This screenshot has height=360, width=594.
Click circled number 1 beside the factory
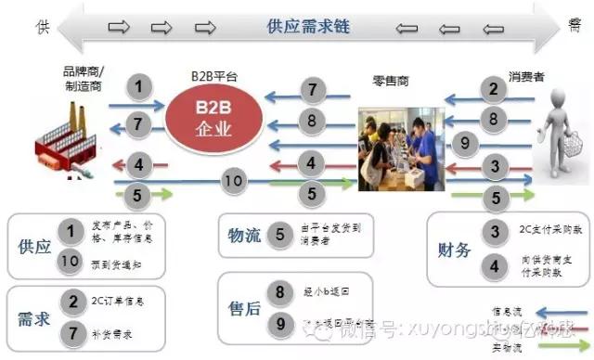[x=138, y=89]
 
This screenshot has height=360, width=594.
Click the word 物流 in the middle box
[x=244, y=235]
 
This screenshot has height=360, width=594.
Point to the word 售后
[x=244, y=305]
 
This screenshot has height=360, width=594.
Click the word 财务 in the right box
[x=456, y=250]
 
